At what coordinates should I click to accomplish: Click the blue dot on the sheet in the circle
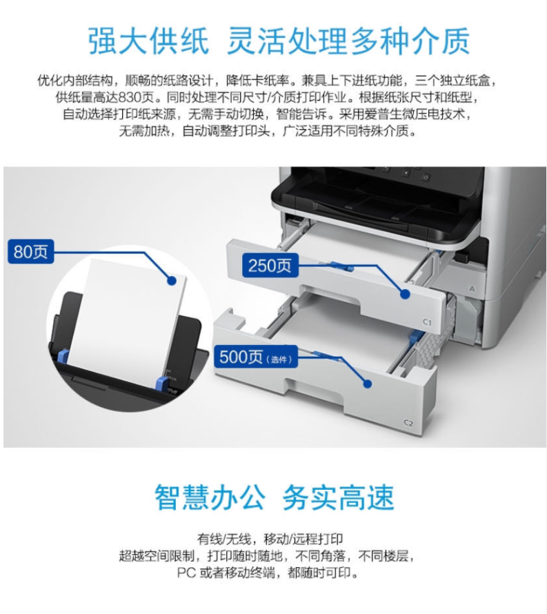171,280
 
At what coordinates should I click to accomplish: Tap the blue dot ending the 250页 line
405,294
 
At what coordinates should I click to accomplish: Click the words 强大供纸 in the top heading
148,40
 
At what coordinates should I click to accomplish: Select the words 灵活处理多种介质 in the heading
348,40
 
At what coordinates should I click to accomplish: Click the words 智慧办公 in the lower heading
209,497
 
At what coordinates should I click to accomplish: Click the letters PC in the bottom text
186,573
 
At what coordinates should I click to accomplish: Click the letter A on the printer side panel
473,288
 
